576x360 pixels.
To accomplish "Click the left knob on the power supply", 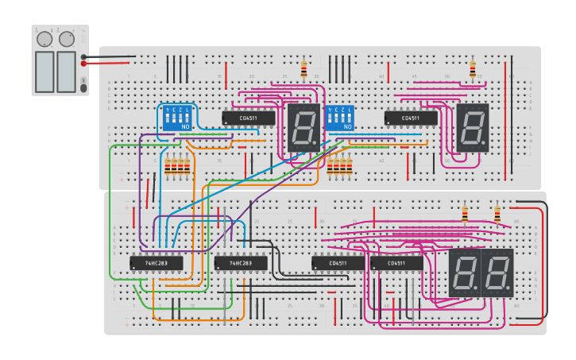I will click(x=44, y=39).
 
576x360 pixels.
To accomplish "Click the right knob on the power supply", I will click(x=67, y=38).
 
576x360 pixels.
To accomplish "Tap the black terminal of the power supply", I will click(x=84, y=56).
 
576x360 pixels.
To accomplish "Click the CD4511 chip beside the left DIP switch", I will click(x=249, y=118).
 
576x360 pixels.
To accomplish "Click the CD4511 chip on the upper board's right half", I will click(x=411, y=118).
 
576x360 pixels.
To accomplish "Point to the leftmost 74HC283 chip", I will click(x=157, y=263).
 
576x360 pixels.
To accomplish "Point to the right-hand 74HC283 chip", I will click(x=241, y=263).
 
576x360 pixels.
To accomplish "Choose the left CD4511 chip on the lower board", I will click(x=338, y=263).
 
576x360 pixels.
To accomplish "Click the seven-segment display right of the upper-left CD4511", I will click(x=303, y=127).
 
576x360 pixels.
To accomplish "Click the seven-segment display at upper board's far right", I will click(x=472, y=127).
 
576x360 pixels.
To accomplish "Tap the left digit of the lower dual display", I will click(x=465, y=273).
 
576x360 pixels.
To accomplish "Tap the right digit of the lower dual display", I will click(x=497, y=273).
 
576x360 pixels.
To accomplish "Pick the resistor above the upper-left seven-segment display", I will click(x=303, y=69).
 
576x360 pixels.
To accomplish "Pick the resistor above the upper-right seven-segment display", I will click(x=473, y=69).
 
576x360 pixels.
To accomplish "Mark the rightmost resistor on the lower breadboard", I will click(x=497, y=215).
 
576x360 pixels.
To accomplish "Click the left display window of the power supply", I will click(x=44, y=71).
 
